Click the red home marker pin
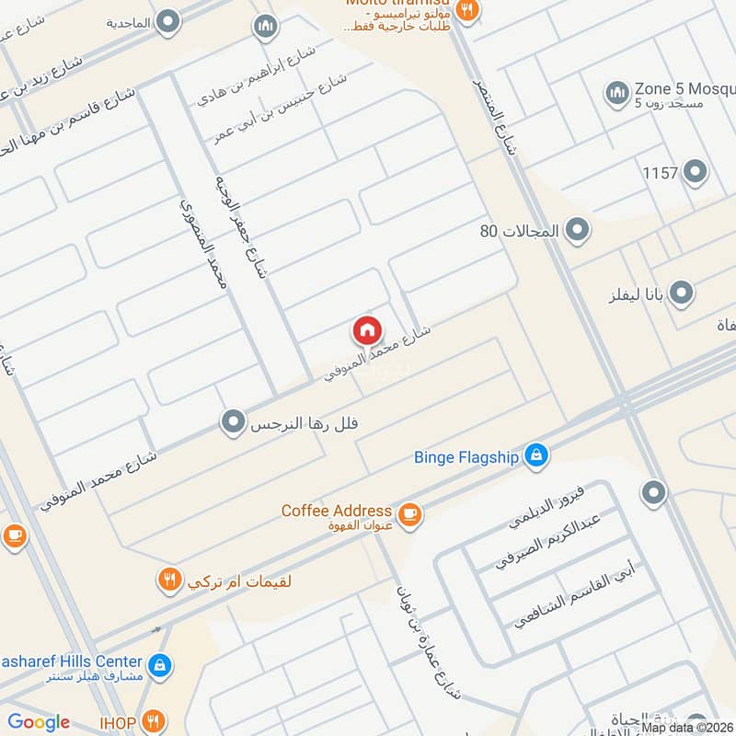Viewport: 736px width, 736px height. pyautogui.click(x=366, y=329)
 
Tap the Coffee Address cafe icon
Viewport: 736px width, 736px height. pyautogui.click(x=410, y=515)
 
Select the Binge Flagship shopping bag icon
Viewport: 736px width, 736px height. pyautogui.click(x=536, y=454)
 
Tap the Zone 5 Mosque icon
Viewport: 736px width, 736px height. pyautogui.click(x=616, y=92)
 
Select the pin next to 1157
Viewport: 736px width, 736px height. pyautogui.click(x=696, y=172)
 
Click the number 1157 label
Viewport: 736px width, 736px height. pyautogui.click(x=660, y=173)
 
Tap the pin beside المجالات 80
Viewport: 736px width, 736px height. pyautogui.click(x=577, y=230)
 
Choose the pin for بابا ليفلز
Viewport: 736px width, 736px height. pyautogui.click(x=681, y=293)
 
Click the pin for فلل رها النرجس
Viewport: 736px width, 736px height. pyautogui.click(x=234, y=423)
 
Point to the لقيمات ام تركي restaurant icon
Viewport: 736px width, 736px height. pyautogui.click(x=168, y=580)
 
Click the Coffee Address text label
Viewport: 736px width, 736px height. pyautogui.click(x=336, y=511)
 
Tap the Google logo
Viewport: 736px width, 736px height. pyautogui.click(x=39, y=722)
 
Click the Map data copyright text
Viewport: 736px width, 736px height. pyautogui.click(x=685, y=727)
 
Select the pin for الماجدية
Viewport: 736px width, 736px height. pyautogui.click(x=167, y=21)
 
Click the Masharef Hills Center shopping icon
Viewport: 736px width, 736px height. pyautogui.click(x=159, y=663)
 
